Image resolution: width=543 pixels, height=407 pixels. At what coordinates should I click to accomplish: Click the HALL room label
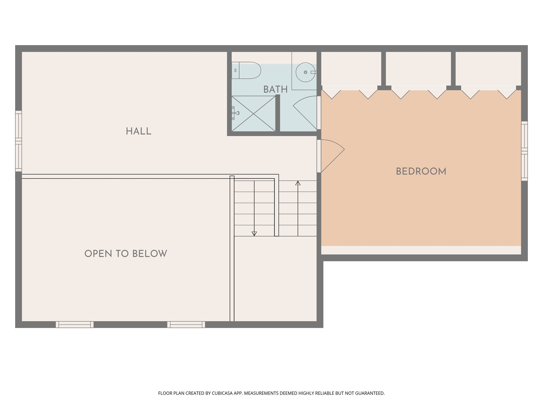pyautogui.click(x=138, y=131)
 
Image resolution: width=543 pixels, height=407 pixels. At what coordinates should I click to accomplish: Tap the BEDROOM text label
pyautogui.click(x=421, y=171)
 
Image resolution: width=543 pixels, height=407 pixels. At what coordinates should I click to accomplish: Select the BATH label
pyautogui.click(x=275, y=90)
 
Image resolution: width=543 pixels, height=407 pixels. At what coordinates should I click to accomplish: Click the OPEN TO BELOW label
pyautogui.click(x=126, y=254)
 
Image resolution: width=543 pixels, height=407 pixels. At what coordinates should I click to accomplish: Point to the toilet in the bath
pyautogui.click(x=247, y=70)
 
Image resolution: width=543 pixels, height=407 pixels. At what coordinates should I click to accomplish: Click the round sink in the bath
pyautogui.click(x=305, y=72)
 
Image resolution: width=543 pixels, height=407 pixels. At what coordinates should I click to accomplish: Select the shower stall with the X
pyautogui.click(x=253, y=114)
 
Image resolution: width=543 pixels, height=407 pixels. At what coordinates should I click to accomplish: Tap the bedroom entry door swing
pyautogui.click(x=331, y=155)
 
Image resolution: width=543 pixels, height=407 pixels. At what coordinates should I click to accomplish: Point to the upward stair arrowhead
pyautogui.click(x=298, y=183)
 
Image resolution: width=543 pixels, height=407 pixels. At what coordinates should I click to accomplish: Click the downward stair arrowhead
pyautogui.click(x=254, y=233)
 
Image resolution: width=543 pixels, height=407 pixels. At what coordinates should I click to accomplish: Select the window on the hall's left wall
pyautogui.click(x=18, y=141)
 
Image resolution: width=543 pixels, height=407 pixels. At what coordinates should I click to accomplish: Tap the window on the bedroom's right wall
pyautogui.click(x=524, y=151)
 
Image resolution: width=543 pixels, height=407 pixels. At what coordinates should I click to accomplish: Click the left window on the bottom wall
pyautogui.click(x=75, y=324)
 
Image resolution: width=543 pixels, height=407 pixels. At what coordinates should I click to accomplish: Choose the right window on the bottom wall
pyautogui.click(x=186, y=324)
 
